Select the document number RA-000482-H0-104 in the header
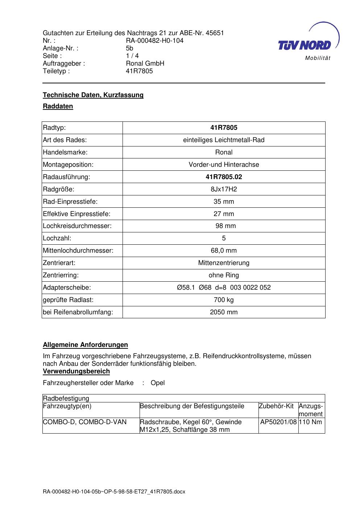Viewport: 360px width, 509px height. tap(154, 41)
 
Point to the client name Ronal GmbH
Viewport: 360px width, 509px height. tap(145, 63)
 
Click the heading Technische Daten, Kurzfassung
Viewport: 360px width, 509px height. tap(93, 95)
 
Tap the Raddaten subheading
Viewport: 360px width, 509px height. tap(58, 106)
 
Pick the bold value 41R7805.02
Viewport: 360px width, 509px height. tap(224, 177)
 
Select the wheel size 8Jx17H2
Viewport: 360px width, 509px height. tap(224, 189)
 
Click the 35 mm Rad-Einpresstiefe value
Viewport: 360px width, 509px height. tap(224, 202)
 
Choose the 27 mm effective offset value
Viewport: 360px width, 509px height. tap(224, 214)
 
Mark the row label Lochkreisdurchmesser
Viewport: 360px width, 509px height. tap(77, 226)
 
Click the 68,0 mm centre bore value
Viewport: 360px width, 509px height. tap(224, 251)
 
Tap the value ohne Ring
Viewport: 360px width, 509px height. tap(224, 275)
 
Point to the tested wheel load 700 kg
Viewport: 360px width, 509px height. tap(224, 300)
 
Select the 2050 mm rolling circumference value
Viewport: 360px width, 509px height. tap(224, 312)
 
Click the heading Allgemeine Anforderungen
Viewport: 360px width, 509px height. tap(86, 345)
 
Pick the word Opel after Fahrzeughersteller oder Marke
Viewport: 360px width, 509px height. tap(158, 383)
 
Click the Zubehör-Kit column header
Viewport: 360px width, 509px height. tap(276, 406)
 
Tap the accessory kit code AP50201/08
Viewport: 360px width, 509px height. tap(278, 422)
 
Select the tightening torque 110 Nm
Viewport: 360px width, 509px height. tap(310, 422)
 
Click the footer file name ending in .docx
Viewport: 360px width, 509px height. tap(114, 492)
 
